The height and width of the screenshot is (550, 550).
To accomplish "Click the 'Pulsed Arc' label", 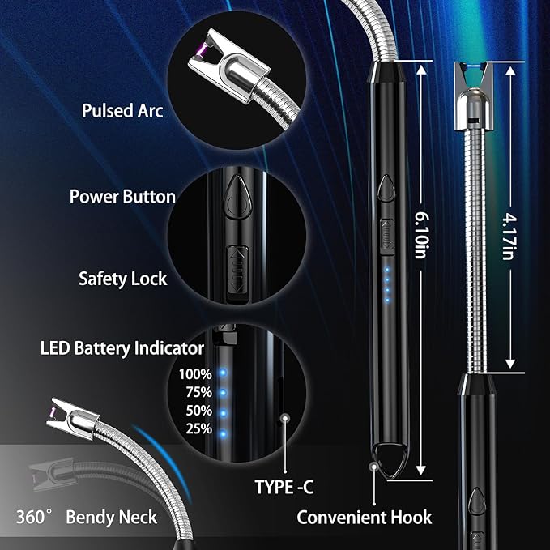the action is (122, 111).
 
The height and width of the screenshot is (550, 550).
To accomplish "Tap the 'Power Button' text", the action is (122, 196).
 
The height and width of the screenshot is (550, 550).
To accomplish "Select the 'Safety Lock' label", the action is (123, 279).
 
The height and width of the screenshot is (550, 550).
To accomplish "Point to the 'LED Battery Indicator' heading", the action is (122, 348).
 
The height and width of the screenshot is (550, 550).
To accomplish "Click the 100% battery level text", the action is (195, 374).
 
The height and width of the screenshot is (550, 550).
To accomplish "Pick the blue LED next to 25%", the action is (223, 434).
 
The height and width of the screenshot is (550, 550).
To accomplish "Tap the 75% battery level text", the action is (199, 392).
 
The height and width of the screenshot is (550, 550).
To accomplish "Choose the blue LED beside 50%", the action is (223, 414).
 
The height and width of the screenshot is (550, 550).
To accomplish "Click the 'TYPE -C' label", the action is (284, 487).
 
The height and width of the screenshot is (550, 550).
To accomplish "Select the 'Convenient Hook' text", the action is (365, 518).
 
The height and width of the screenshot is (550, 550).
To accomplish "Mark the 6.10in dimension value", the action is (421, 235).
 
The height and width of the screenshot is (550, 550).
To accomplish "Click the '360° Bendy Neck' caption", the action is (87, 517).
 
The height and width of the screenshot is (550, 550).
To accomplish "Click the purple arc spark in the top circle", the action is (200, 52).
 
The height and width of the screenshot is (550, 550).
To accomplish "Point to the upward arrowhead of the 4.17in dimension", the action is (510, 71).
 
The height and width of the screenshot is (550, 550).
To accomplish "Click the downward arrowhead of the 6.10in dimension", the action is (421, 470).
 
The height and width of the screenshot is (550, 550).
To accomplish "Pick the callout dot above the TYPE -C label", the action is (285, 418).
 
